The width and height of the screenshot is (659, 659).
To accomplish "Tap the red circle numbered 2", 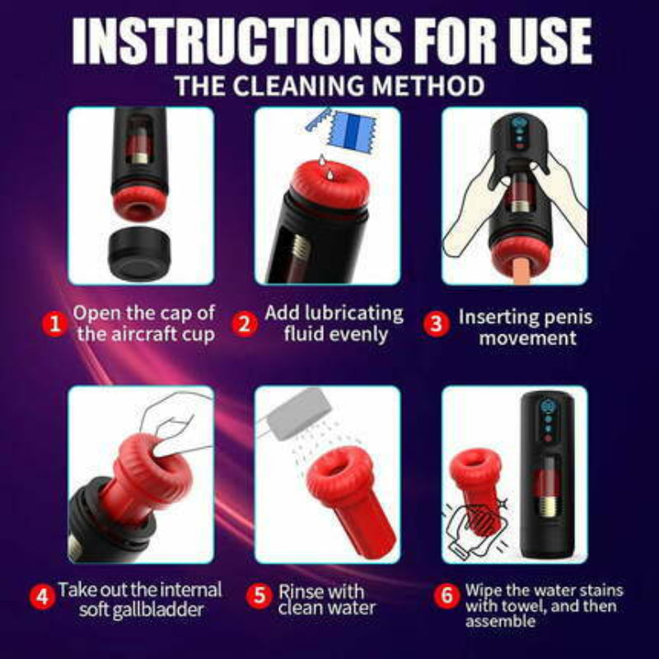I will pos(243,324).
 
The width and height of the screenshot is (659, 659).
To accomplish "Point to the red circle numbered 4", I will pos(41,595).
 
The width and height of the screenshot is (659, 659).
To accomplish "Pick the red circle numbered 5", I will pos(261,595).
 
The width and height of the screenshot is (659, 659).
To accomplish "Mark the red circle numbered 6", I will pos(446,596).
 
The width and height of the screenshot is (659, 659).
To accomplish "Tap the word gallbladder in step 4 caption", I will pos(161,610).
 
